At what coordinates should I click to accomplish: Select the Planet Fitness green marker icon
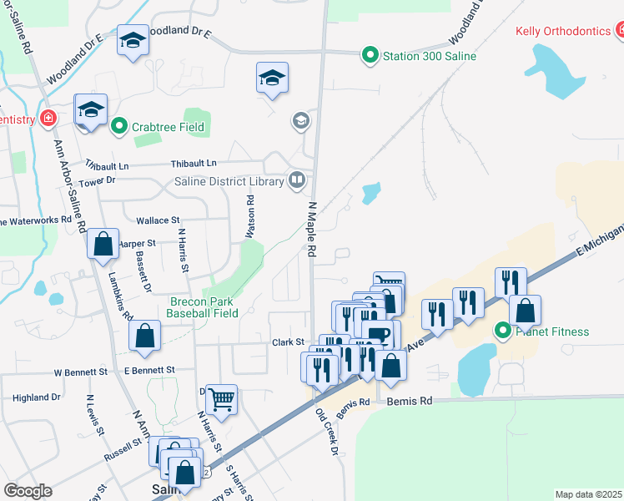(503, 331)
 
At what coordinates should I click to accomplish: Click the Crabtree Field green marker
(118, 127)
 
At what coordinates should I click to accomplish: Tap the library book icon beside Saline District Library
(296, 180)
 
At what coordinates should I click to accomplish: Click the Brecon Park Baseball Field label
(204, 307)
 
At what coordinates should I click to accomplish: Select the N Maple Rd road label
(313, 227)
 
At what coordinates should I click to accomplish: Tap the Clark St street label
(287, 342)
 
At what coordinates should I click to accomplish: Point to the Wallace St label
(163, 220)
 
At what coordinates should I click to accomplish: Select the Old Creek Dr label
(325, 432)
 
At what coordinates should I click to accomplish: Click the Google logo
(27, 491)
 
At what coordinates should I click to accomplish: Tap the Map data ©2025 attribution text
(587, 494)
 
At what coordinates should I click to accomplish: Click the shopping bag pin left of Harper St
(103, 245)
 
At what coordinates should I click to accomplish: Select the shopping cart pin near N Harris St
(220, 400)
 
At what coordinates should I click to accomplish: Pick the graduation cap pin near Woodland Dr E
(132, 41)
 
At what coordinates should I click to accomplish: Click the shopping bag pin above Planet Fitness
(525, 311)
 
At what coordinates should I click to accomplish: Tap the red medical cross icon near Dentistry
(48, 119)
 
